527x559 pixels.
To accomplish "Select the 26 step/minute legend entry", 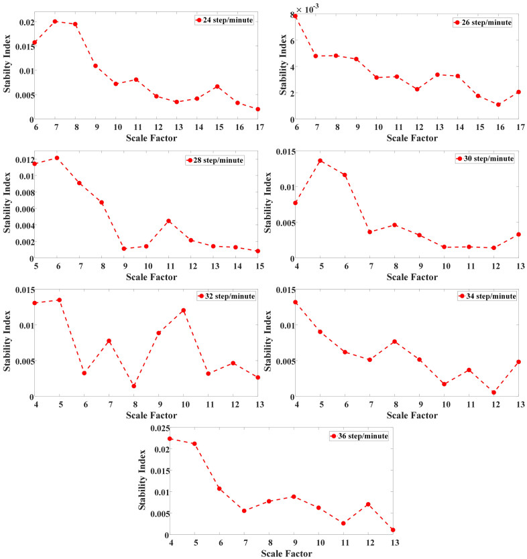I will click(x=483, y=22).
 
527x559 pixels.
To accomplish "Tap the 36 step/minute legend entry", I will click(x=360, y=436).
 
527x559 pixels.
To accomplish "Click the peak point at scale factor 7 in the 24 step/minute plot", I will click(x=55, y=21).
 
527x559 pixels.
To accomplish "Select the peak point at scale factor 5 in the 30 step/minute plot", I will click(x=320, y=161).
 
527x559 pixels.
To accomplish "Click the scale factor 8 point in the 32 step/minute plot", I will click(x=134, y=386).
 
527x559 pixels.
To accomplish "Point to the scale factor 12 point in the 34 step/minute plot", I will click(x=493, y=392).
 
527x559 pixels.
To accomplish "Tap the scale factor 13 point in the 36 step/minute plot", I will click(x=392, y=530).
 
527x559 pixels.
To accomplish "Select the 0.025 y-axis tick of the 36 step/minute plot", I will click(x=158, y=428).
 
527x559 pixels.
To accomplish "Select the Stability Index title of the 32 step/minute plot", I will click(x=7, y=343).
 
